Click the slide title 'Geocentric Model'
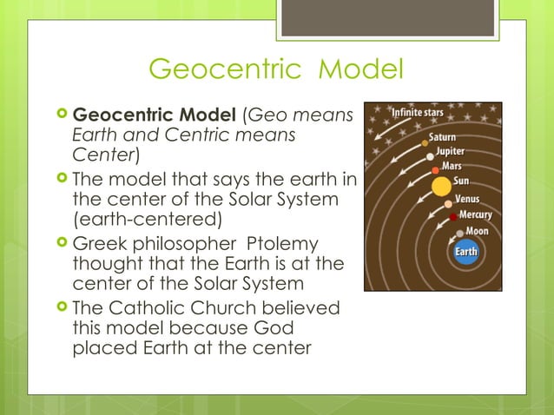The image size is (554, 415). [276, 68]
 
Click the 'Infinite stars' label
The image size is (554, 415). [420, 113]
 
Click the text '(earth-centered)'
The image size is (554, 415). [148, 216]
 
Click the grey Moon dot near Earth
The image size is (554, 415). [459, 234]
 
